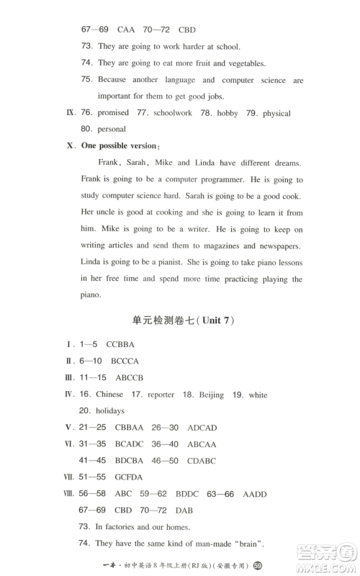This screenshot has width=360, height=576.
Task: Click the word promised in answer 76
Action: (x=114, y=113)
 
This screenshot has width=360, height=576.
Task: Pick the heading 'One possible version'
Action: (x=118, y=146)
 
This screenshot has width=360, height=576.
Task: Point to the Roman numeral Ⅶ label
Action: (x=69, y=477)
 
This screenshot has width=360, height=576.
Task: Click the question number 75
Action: (x=87, y=79)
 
